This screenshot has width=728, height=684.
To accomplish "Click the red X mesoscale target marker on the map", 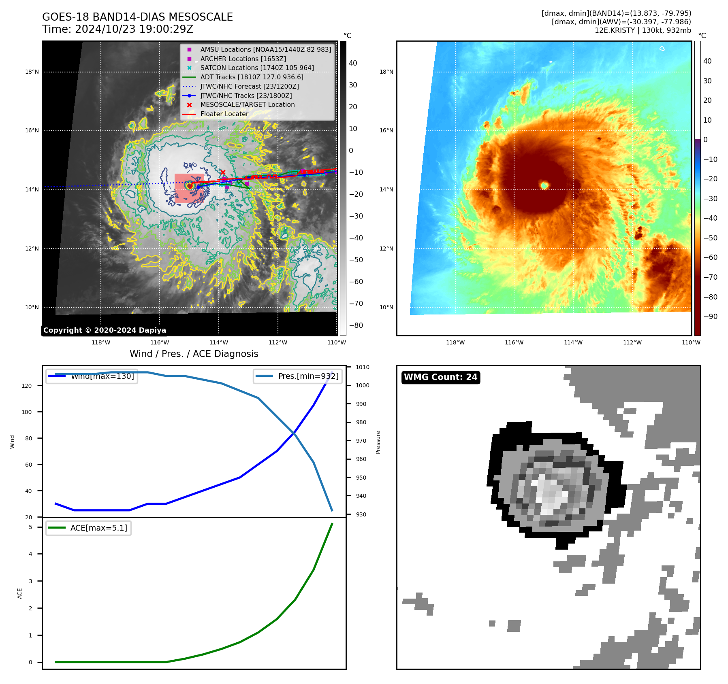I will pos(222,172).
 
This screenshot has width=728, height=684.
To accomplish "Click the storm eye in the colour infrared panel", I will pos(544,185).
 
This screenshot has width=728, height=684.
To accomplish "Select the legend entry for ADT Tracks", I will pos(252,77).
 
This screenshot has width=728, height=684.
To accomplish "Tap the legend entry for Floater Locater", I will pos(224,114).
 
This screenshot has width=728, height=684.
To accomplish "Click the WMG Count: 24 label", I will pos(440,377).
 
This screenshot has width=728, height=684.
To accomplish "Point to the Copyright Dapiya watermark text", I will pos(105,330).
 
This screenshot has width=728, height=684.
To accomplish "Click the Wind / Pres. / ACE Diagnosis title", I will pos(194,354).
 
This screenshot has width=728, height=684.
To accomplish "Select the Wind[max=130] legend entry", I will pos(102,376).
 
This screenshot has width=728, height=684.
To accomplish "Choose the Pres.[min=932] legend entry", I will pos(308,376).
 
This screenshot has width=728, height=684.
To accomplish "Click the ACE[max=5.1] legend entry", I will pos(98,528).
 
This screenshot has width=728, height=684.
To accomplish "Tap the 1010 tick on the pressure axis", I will pos(363,367).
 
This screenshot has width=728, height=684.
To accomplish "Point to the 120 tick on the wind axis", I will pos(27,386).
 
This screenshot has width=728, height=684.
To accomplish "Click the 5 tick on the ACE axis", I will pos(30,527).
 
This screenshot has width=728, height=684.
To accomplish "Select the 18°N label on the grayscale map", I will pos(32,72).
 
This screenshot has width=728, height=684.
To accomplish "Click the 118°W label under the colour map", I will pos(455,342).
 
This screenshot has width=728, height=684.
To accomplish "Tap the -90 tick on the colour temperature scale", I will pos(710,317).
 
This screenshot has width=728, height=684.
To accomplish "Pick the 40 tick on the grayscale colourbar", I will pos(353,63).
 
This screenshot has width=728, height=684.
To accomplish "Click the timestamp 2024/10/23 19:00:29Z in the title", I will pos(134,29).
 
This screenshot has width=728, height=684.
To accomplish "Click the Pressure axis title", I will pos(378,442).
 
